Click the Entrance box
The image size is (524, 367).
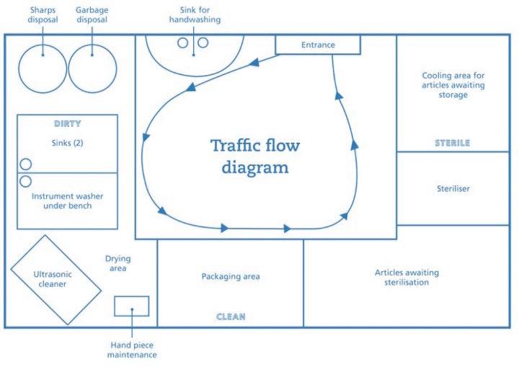pyautogui.click(x=318, y=45)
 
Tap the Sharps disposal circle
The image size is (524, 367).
pyautogui.click(x=43, y=68)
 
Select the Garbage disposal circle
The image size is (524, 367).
pyautogui.click(x=92, y=68)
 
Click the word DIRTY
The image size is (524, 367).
pyautogui.click(x=68, y=123)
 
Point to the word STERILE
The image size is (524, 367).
pyautogui.click(x=452, y=143)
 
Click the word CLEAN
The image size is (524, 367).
pyautogui.click(x=231, y=316)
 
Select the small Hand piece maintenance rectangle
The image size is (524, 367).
pyautogui.click(x=132, y=306)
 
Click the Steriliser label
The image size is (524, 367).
pyautogui.click(x=453, y=189)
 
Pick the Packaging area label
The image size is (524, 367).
pyautogui.click(x=231, y=276)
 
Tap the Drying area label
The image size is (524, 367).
pyautogui.click(x=117, y=263)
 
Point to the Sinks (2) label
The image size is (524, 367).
pyautogui.click(x=68, y=143)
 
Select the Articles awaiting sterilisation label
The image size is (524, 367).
pyautogui.click(x=407, y=278)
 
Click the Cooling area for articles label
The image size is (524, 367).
pyautogui.click(x=453, y=84)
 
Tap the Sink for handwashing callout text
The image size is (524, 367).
pyautogui.click(x=195, y=15)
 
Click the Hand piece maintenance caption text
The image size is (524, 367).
pyautogui.click(x=133, y=349)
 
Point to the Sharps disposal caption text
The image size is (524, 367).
pyautogui.click(x=43, y=15)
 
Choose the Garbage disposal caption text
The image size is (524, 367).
pyautogui.click(x=92, y=15)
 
